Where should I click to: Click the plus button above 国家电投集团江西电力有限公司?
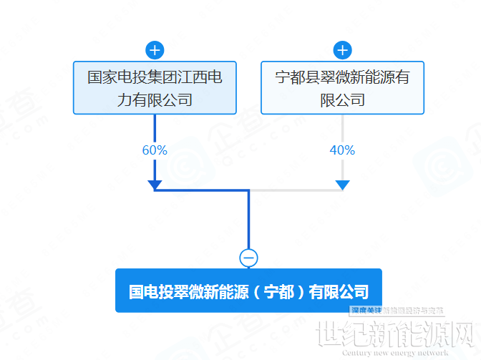click(155, 50)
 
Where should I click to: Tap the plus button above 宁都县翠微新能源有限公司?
click(342, 50)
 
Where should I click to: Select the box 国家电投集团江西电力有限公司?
click(155, 87)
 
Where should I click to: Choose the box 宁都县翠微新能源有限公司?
click(342, 87)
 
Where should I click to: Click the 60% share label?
click(155, 150)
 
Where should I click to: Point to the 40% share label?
click(342, 150)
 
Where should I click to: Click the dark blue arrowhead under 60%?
click(155, 185)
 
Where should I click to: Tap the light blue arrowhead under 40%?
click(342, 185)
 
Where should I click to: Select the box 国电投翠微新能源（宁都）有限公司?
click(248, 291)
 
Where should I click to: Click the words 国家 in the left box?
click(98, 77)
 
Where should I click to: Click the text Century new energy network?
click(394, 352)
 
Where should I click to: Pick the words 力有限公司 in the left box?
click(155, 99)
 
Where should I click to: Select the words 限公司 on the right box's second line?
click(342, 99)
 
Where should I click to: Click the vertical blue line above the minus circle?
click(248, 222)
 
